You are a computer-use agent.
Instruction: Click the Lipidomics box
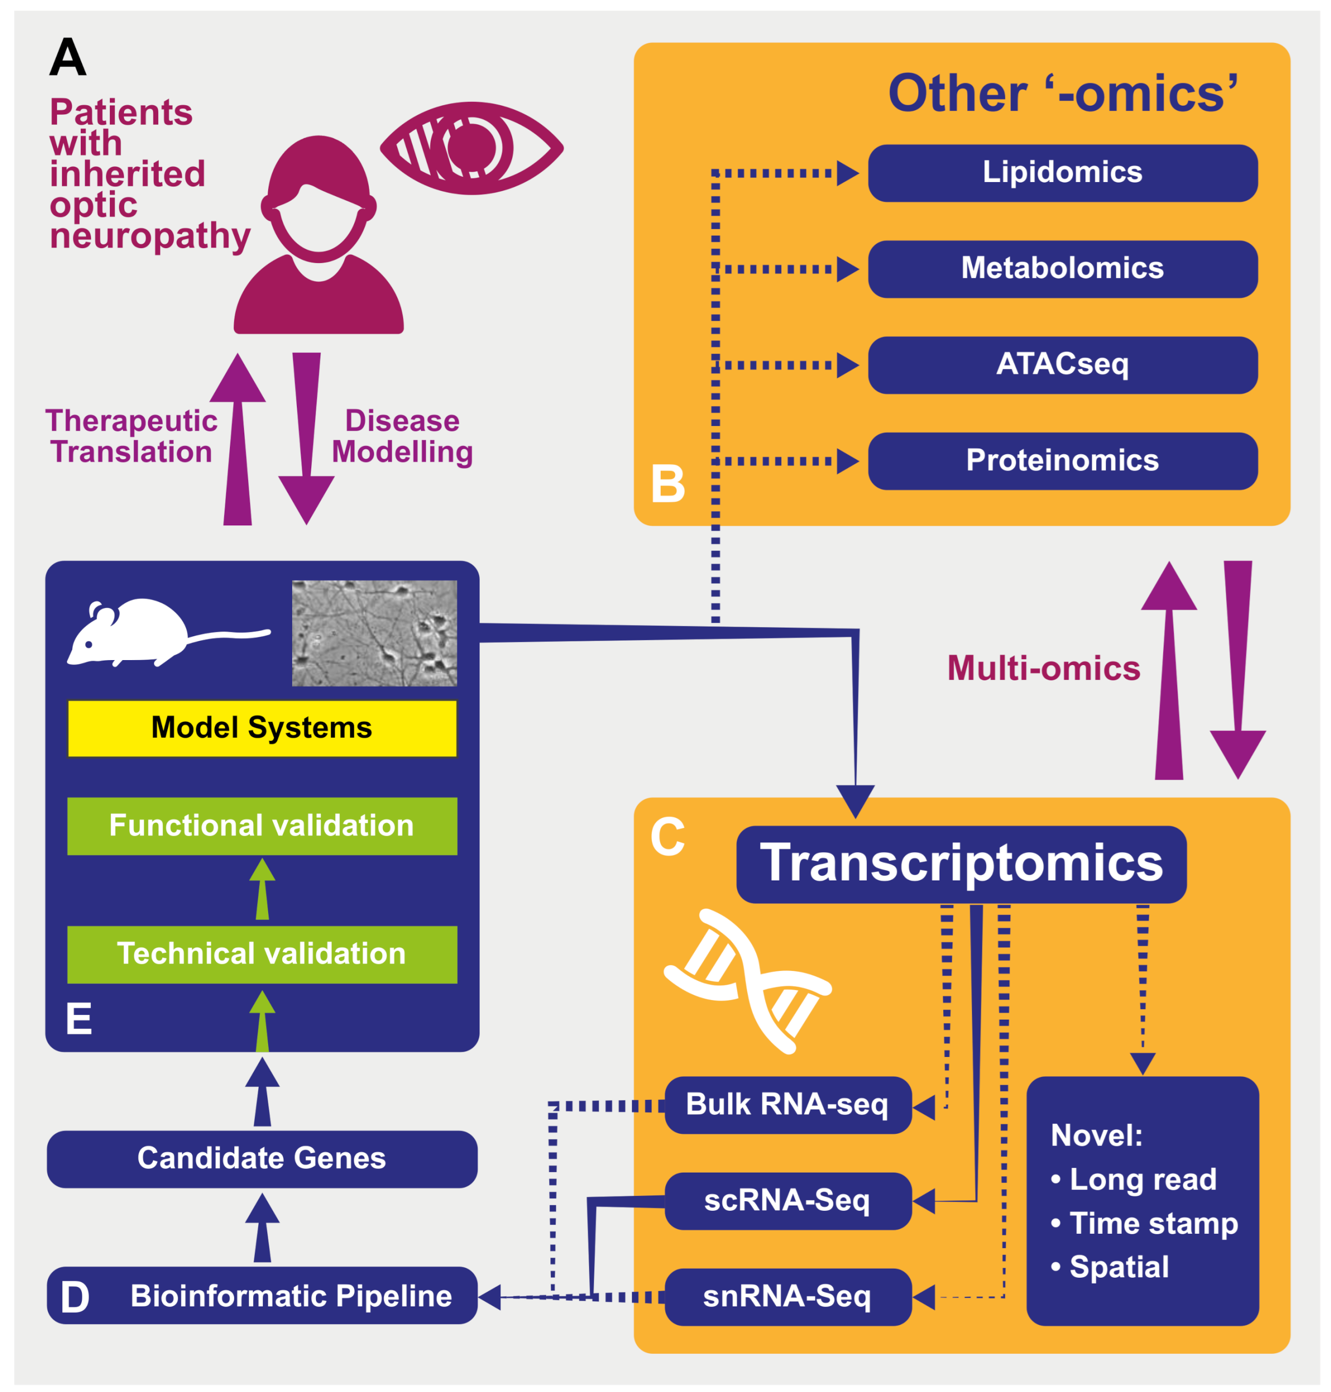point(1062,173)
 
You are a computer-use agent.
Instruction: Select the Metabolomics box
point(1062,269)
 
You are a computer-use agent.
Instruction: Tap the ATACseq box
point(1062,365)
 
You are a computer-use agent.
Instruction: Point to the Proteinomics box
point(1062,460)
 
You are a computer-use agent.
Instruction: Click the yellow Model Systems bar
point(262,728)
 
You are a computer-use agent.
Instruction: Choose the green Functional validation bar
point(262,825)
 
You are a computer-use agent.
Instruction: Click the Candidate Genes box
point(262,1158)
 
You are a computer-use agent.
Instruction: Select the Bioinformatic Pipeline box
point(262,1295)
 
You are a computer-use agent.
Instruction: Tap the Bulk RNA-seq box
point(788,1105)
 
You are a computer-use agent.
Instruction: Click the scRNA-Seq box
point(788,1200)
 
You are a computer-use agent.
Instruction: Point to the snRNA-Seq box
point(788,1297)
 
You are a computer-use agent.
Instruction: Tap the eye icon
point(472,148)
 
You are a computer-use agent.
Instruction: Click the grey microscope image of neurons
point(374,633)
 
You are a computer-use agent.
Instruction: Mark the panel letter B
point(668,484)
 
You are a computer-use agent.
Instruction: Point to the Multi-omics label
point(1044,668)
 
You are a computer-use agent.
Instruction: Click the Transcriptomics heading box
point(961,864)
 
